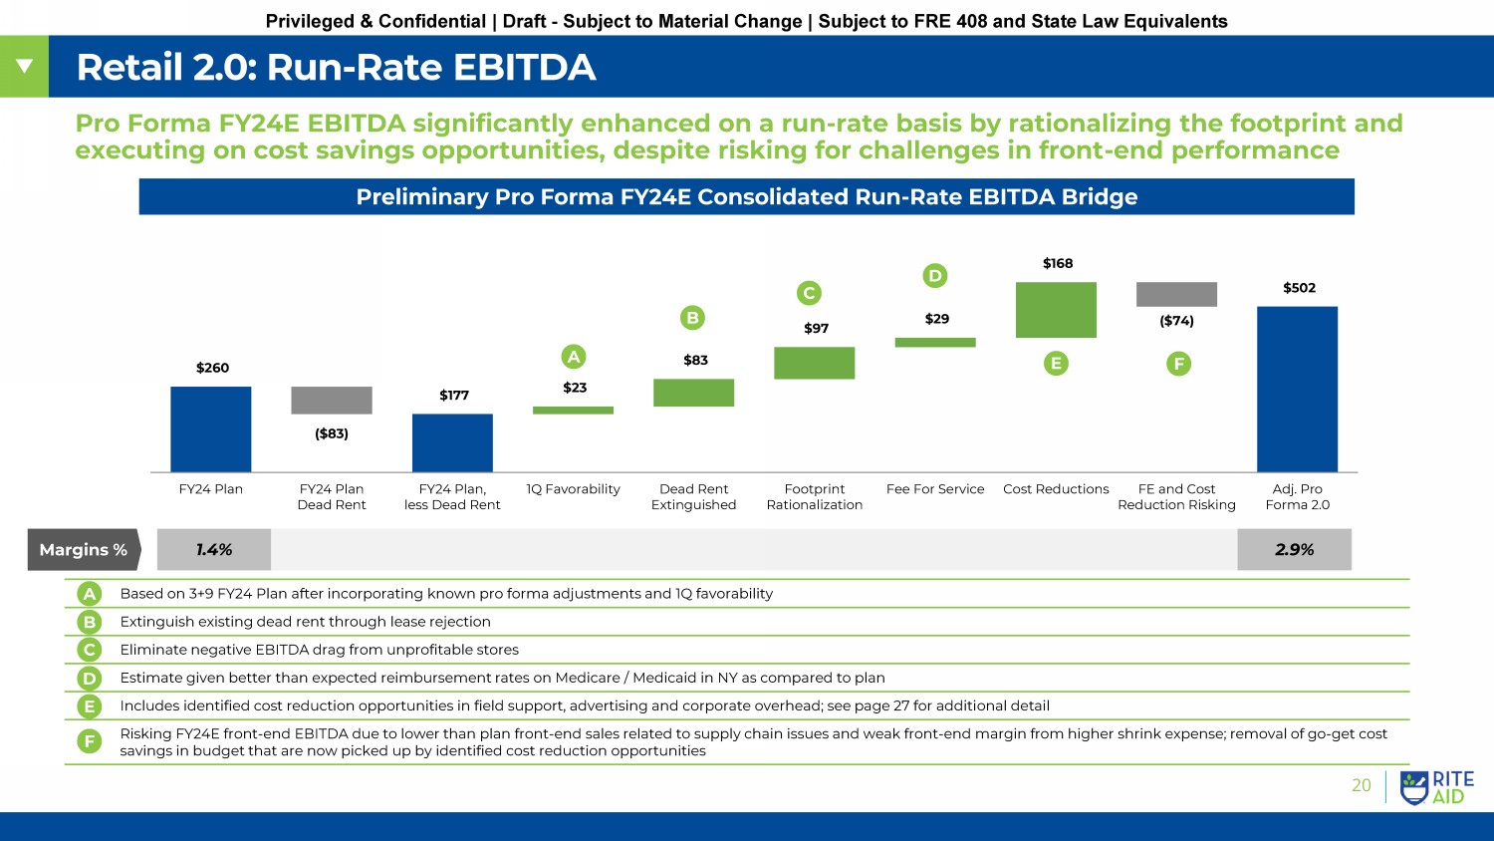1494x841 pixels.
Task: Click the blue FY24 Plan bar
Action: click(x=210, y=428)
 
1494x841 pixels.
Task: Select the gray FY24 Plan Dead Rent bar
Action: click(x=332, y=400)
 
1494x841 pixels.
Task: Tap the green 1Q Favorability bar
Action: click(x=573, y=410)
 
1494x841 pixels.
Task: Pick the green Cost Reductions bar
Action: click(x=1056, y=310)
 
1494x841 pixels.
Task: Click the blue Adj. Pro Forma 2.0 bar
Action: click(x=1297, y=389)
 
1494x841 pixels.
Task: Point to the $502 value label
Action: click(x=1299, y=288)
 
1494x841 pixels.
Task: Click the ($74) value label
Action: click(x=1176, y=321)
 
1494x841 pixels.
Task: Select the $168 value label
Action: click(x=1058, y=263)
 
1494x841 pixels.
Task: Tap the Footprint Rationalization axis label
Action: click(x=815, y=496)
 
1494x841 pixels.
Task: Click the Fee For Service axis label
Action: click(x=935, y=489)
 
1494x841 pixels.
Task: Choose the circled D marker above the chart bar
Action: click(x=934, y=275)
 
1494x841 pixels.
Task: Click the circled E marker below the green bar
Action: click(x=1056, y=364)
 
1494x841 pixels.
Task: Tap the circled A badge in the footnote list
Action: click(x=90, y=594)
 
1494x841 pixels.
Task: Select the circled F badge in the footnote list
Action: click(x=90, y=741)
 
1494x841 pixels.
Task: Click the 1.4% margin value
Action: click(x=214, y=550)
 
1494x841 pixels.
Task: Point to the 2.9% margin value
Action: click(x=1294, y=550)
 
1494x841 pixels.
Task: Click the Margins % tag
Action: click(x=84, y=550)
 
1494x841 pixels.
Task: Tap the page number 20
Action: click(x=1361, y=785)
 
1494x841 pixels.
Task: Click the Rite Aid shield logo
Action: click(x=1414, y=787)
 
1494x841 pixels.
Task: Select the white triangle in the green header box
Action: click(x=24, y=67)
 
